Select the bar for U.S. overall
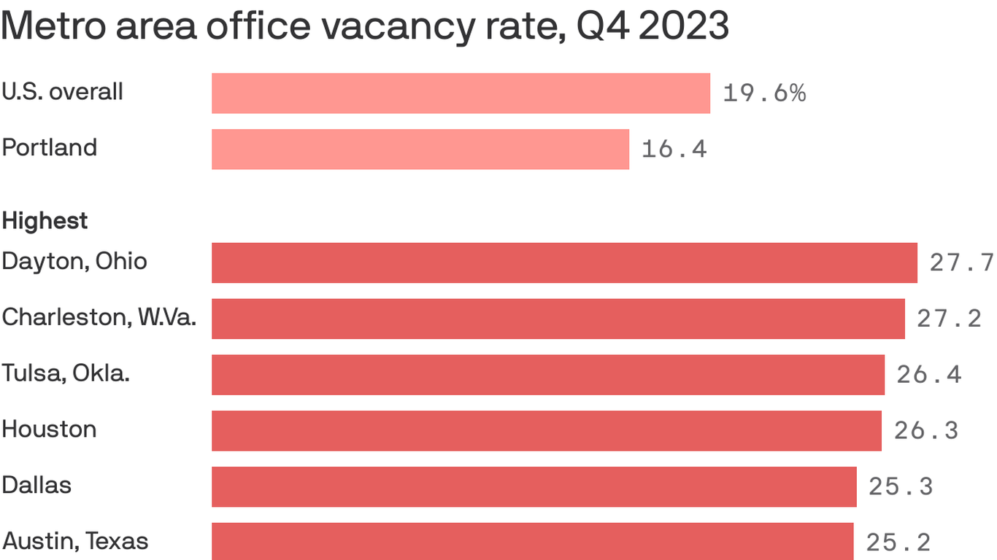(461, 93)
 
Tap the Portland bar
(420, 149)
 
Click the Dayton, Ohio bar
(564, 262)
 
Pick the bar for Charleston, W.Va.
(558, 319)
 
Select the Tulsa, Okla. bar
(548, 375)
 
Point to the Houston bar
(547, 431)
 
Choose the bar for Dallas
(534, 487)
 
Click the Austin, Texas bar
(532, 542)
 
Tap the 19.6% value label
(764, 93)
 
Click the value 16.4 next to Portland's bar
(674, 149)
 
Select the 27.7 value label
(961, 262)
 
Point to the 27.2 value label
(949, 319)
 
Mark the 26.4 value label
(928, 375)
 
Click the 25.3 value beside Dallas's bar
(901, 487)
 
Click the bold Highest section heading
(45, 220)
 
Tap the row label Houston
(49, 429)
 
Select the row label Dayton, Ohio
(74, 262)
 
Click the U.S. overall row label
(62, 92)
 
